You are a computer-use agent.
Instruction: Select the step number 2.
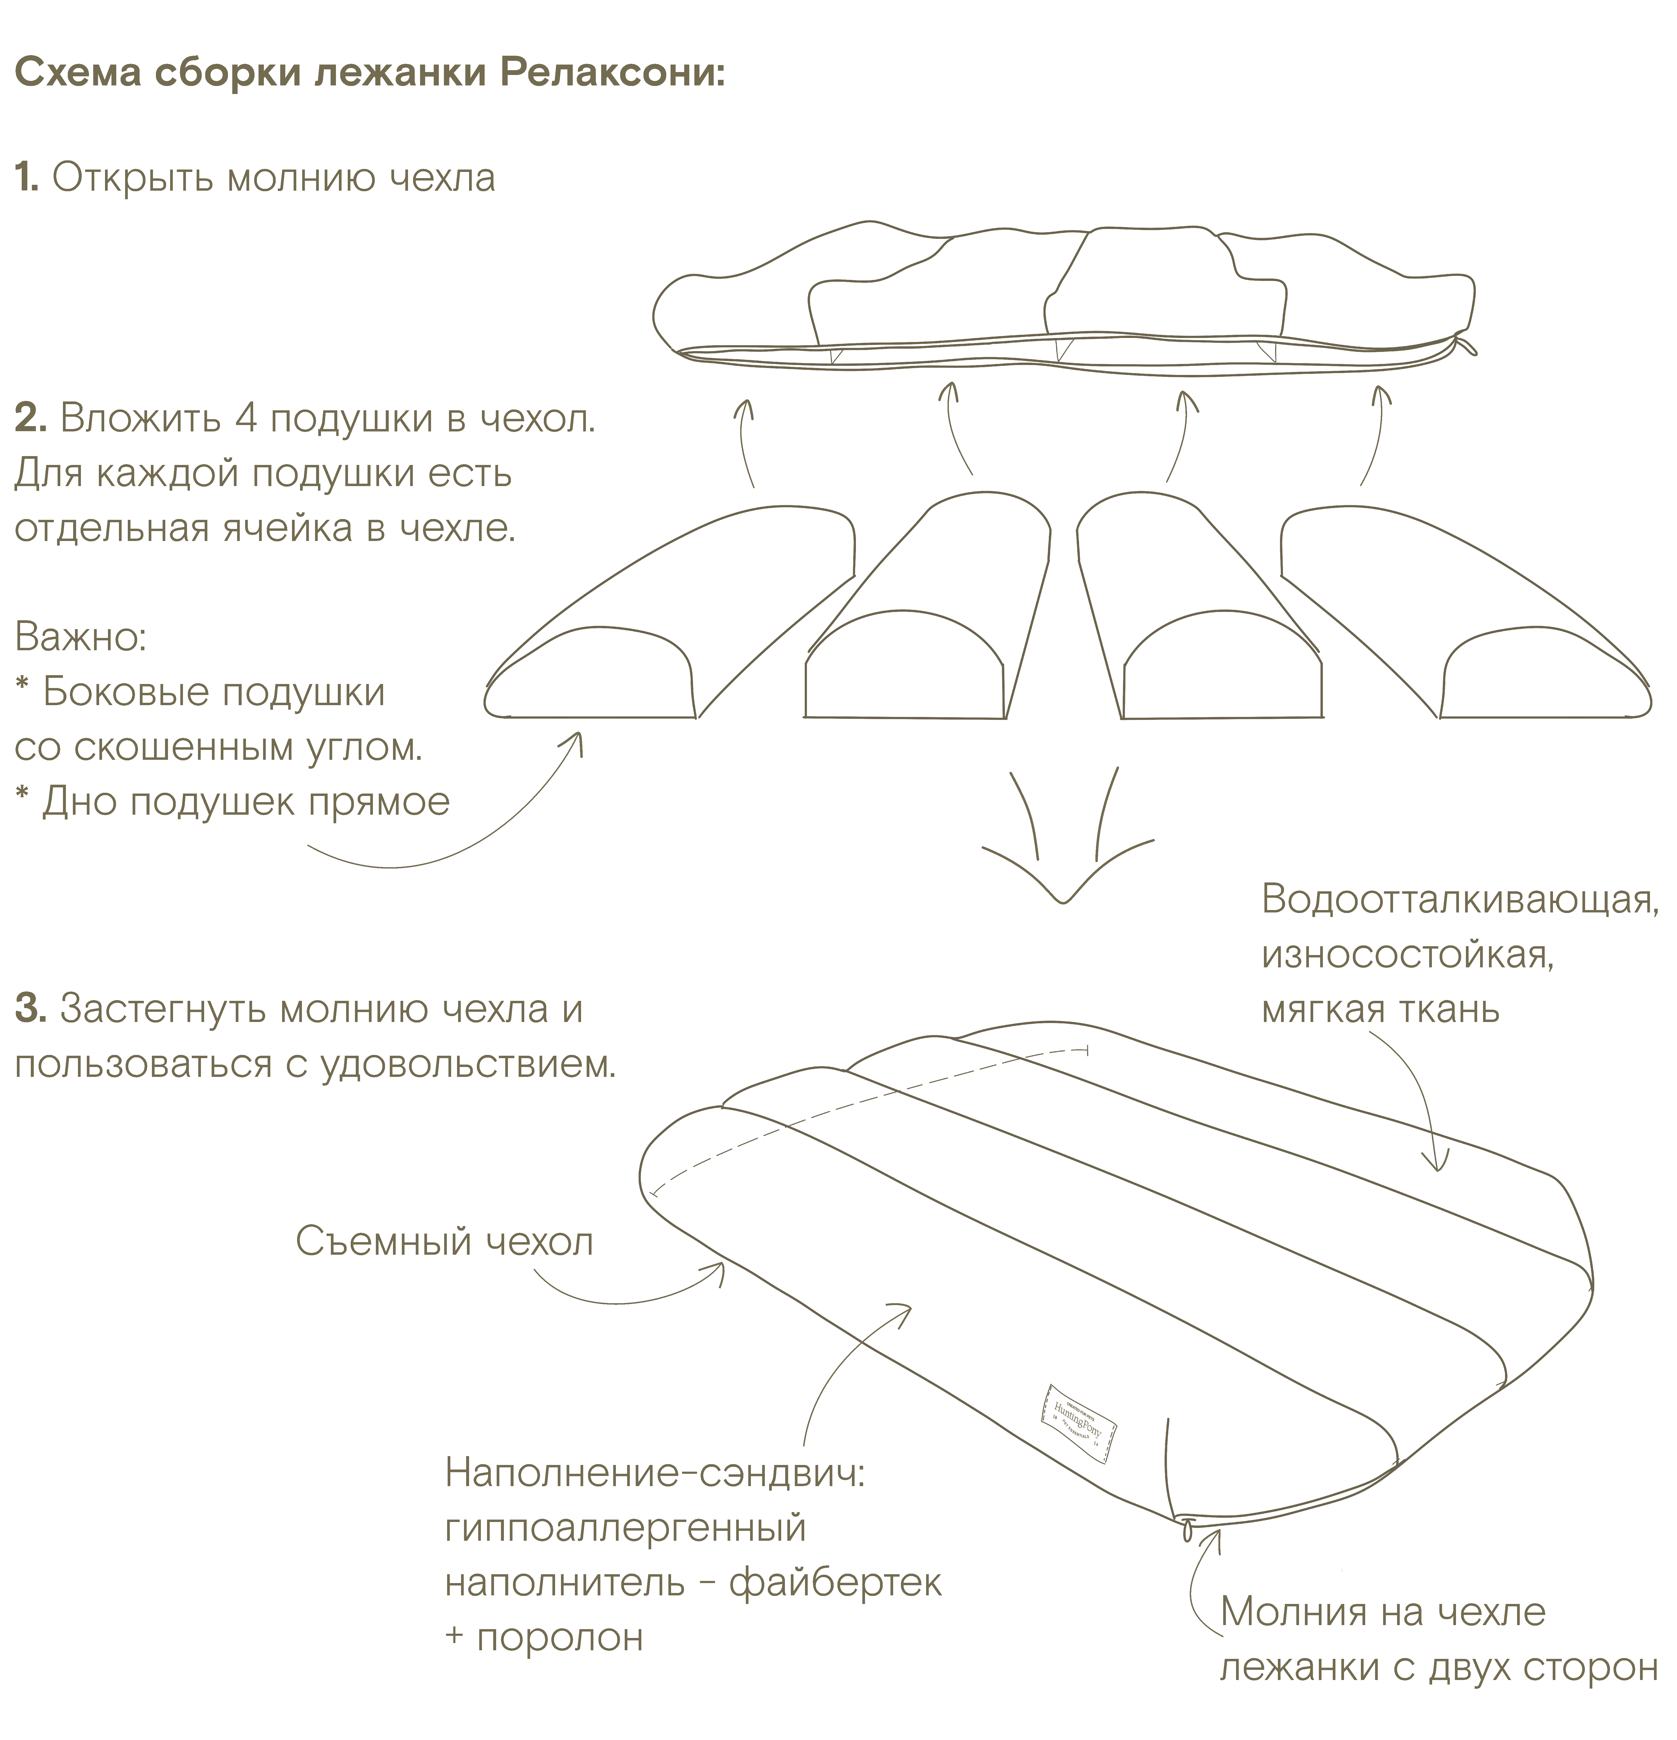point(29,418)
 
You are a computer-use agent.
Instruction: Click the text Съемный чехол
point(444,1241)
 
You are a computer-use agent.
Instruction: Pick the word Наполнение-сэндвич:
point(654,1474)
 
